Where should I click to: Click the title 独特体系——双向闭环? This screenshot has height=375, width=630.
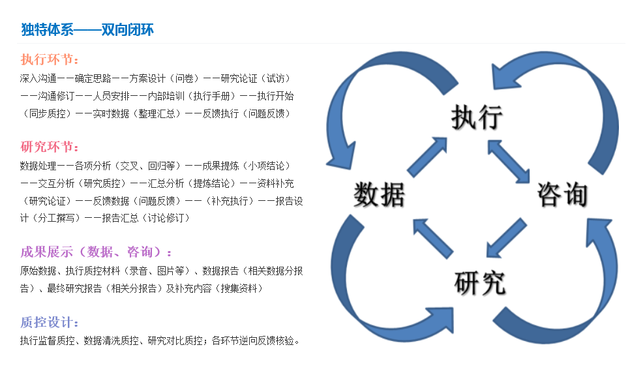(87, 30)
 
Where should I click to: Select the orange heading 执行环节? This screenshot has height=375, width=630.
(50, 60)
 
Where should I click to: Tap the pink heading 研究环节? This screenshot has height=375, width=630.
(50, 147)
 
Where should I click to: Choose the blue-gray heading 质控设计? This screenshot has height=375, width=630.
(50, 323)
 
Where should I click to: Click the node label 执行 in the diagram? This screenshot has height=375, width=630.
(477, 118)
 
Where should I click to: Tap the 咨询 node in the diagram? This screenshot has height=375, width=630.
(563, 194)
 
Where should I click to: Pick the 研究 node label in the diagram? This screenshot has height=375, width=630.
(479, 283)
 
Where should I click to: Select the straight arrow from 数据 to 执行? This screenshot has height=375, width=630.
(428, 157)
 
